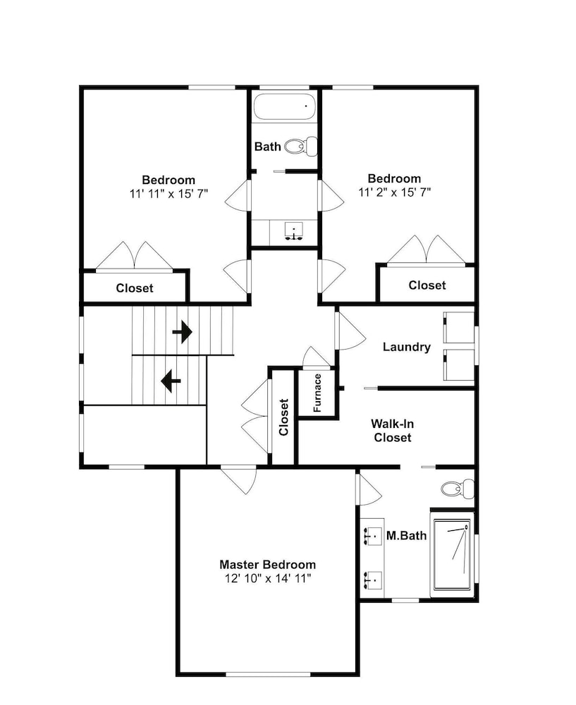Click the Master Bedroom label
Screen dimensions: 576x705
(x=267, y=564)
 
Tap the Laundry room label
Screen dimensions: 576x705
(x=407, y=347)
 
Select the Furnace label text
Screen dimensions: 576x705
(x=317, y=393)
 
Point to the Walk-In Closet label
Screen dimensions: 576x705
(x=393, y=430)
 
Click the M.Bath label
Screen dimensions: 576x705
(x=407, y=536)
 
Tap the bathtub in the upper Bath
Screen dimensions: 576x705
(x=285, y=107)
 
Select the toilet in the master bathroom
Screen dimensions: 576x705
(x=458, y=489)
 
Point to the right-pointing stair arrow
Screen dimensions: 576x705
(x=183, y=332)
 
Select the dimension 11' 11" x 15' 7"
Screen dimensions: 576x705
(x=168, y=194)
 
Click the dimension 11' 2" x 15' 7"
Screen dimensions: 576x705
(x=395, y=192)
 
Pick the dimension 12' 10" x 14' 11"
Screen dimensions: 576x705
(x=268, y=578)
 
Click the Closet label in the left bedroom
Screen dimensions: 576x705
(x=135, y=288)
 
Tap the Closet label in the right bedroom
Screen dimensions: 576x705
(x=427, y=285)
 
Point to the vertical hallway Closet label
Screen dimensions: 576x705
(x=283, y=417)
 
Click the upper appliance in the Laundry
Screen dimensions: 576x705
(x=459, y=327)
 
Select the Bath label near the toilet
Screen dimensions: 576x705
(x=267, y=147)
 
